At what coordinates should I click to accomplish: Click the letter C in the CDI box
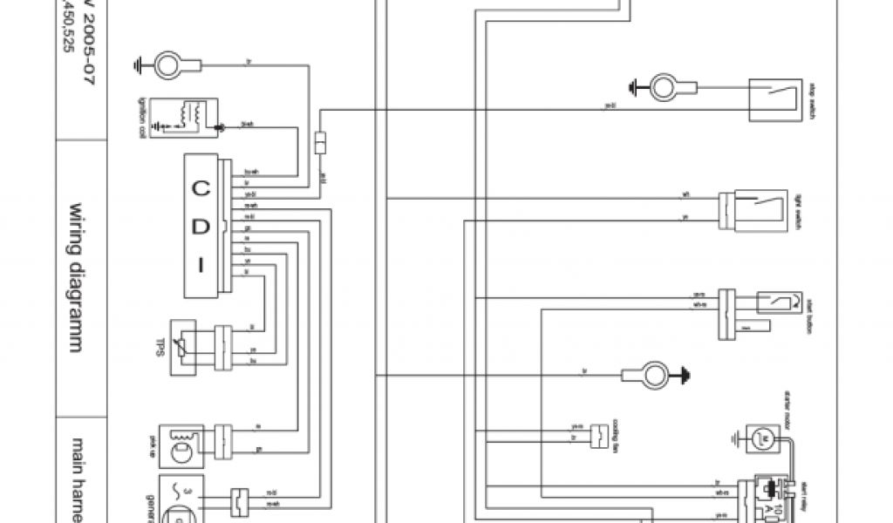point(201,187)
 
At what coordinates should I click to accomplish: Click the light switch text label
point(797,209)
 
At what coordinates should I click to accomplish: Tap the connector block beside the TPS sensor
point(223,347)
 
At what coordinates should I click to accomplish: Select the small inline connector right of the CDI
point(321,142)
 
